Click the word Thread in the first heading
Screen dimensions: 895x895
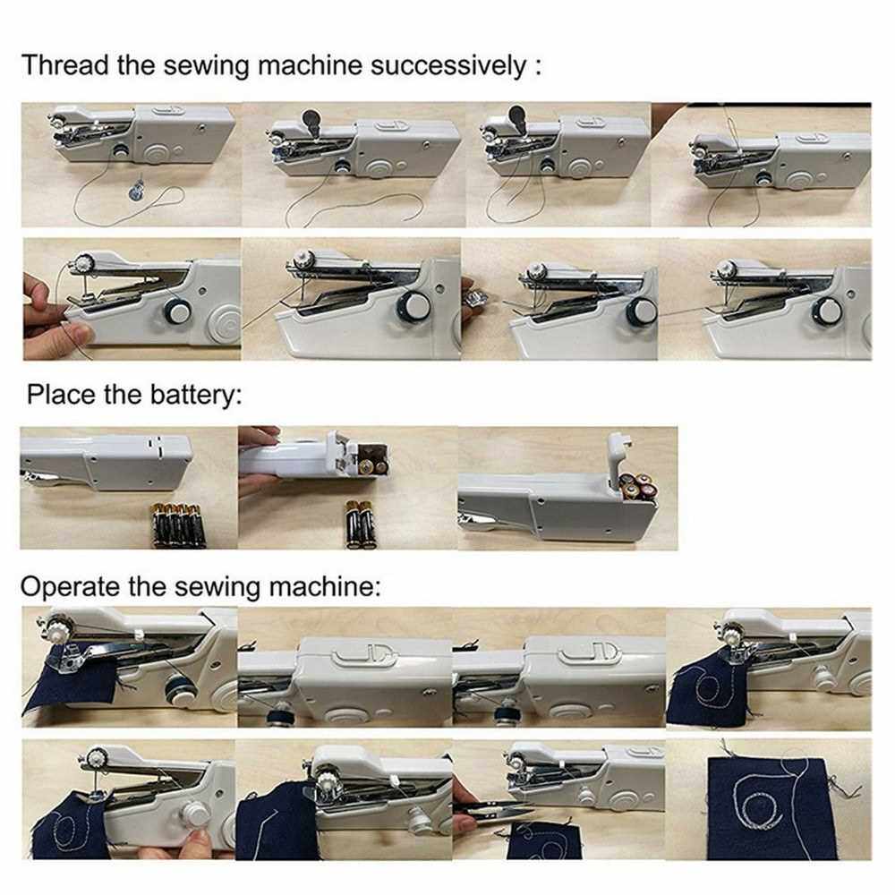(x=64, y=64)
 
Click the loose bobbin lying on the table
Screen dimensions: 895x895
(x=136, y=188)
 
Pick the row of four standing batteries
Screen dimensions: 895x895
(x=177, y=525)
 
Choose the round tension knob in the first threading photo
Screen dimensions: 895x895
(x=121, y=152)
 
